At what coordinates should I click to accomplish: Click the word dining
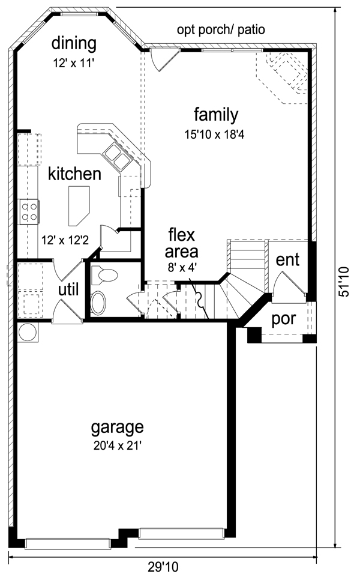pyautogui.click(x=74, y=44)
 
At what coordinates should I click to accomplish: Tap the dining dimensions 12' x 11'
pyautogui.click(x=73, y=63)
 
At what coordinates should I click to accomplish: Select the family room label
pyautogui.click(x=216, y=115)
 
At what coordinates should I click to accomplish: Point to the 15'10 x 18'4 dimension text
pyautogui.click(x=214, y=134)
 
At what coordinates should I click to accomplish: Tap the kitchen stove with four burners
pyautogui.click(x=29, y=211)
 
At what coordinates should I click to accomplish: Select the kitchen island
pyautogui.click(x=79, y=206)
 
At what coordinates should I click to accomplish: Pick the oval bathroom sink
pyautogui.click(x=98, y=303)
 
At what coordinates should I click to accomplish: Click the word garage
pyautogui.click(x=118, y=428)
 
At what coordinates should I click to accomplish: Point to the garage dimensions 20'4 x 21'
pyautogui.click(x=118, y=445)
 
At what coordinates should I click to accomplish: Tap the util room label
pyautogui.click(x=68, y=289)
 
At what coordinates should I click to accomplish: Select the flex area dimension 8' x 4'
pyautogui.click(x=182, y=267)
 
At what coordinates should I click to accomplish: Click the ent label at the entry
pyautogui.click(x=287, y=260)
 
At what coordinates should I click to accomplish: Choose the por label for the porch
pyautogui.click(x=284, y=319)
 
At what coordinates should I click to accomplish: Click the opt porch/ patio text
pyautogui.click(x=221, y=30)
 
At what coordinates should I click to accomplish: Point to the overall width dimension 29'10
pyautogui.click(x=163, y=567)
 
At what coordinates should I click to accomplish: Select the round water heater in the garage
pyautogui.click(x=28, y=332)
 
